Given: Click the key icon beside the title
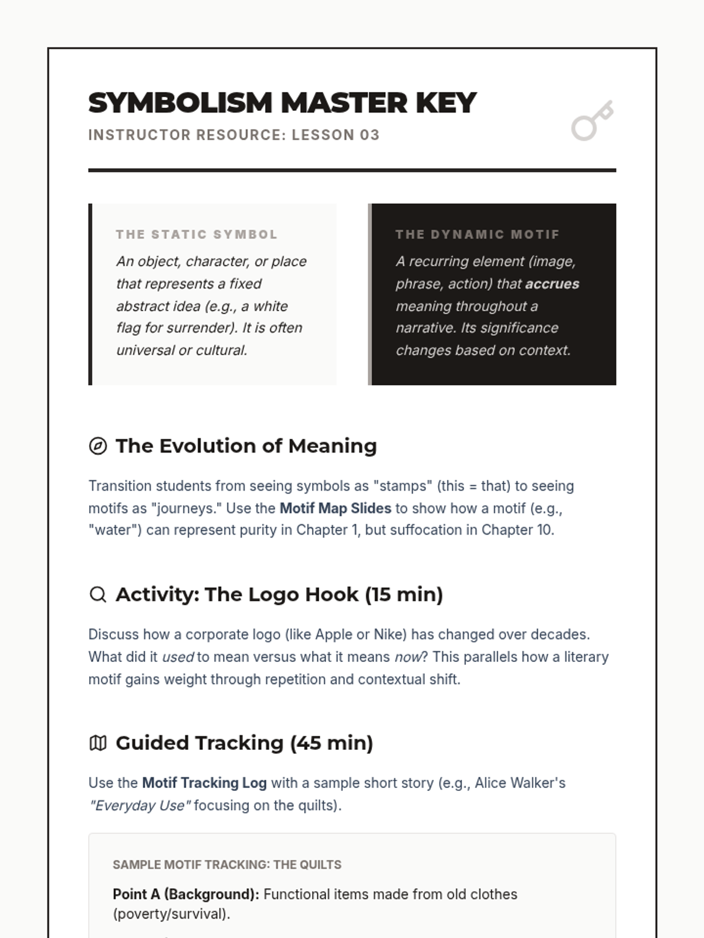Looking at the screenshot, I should coord(592,121).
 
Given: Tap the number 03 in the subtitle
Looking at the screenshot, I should coord(370,135).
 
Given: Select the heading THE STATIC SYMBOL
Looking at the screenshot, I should coord(197,235).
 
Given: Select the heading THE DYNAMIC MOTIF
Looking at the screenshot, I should coord(478,235).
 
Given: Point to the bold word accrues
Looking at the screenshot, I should coord(552,284).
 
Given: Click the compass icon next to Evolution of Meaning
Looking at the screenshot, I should coord(98,446).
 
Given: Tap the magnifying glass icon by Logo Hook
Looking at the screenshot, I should coord(98,594).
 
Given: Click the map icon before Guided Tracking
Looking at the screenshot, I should coord(98,743).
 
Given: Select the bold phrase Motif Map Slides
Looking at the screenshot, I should coord(335,508).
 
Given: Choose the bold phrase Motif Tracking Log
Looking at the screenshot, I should coord(204,783).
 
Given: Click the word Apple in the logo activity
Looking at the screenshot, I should coord(334,634).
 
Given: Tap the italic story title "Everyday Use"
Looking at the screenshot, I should coord(140,806).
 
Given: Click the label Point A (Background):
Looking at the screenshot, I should coord(185,895).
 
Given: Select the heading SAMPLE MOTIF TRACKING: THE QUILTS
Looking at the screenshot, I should coord(227,865).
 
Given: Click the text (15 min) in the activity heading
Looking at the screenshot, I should coord(404,594).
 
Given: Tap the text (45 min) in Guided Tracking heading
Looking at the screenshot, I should coord(331,743).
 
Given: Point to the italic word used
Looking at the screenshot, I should coord(178,657).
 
